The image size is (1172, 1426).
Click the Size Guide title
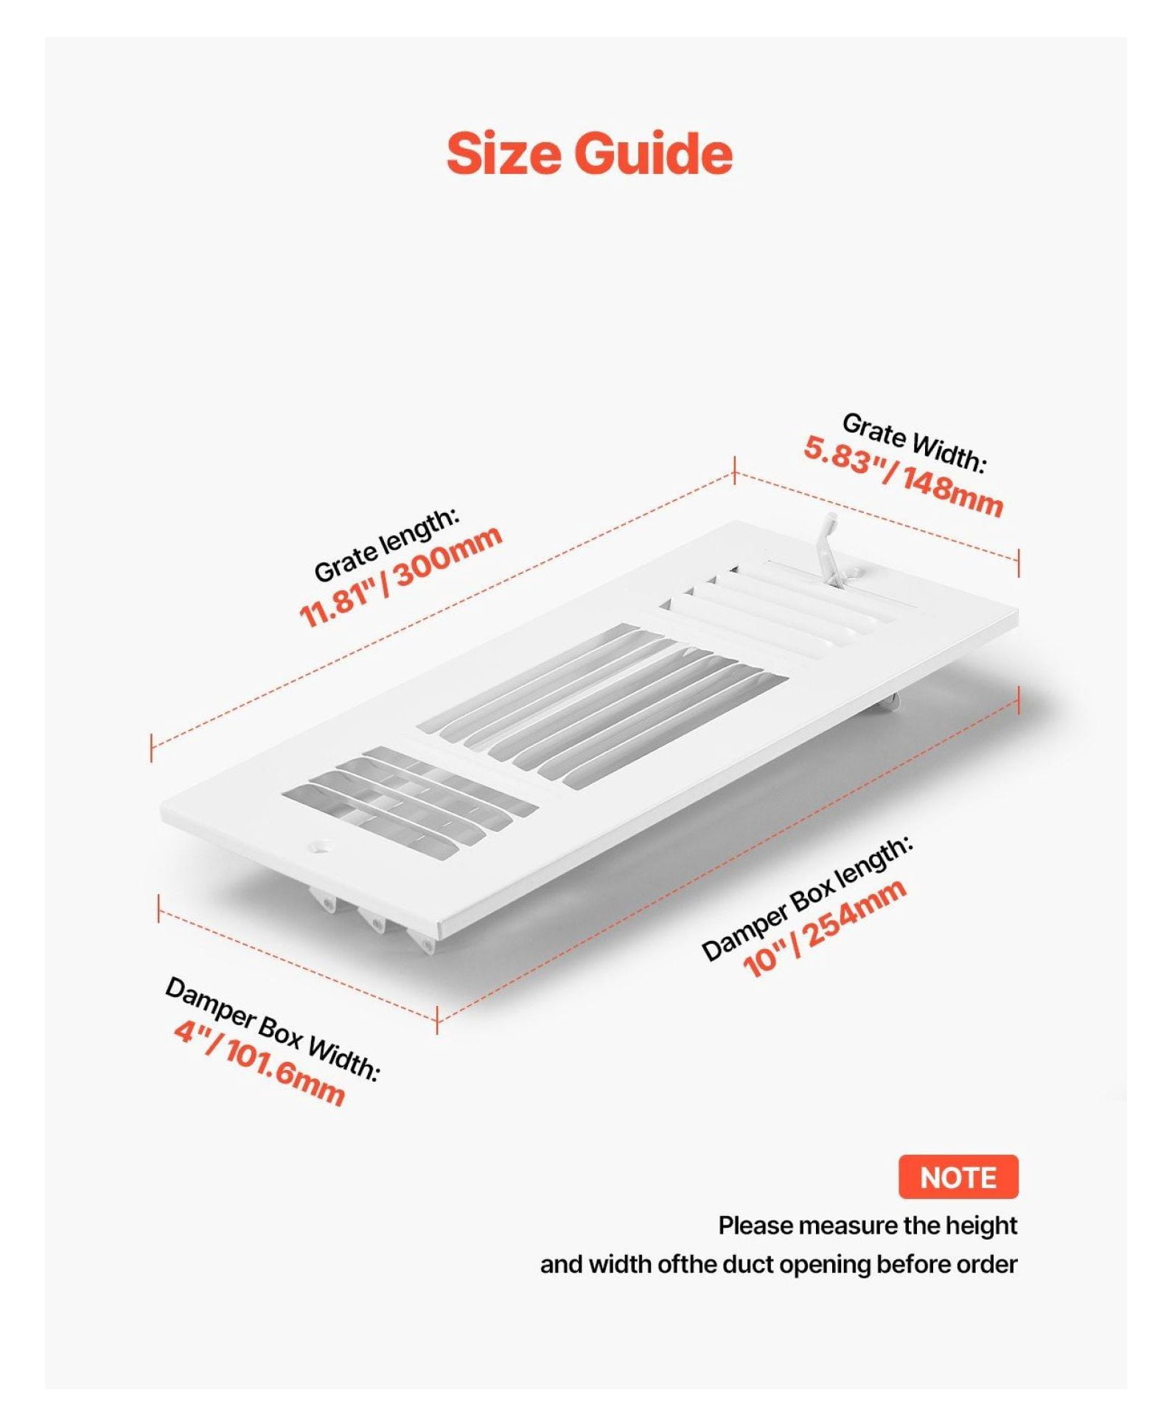589,153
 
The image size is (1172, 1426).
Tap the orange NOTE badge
958,1177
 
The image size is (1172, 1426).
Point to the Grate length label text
386,545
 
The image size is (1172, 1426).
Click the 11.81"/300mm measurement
400,576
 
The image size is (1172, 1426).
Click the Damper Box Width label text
272,1029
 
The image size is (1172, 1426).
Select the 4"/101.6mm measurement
259,1062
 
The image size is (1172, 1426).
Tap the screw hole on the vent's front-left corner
322,845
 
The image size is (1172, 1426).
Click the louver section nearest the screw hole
410,800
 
